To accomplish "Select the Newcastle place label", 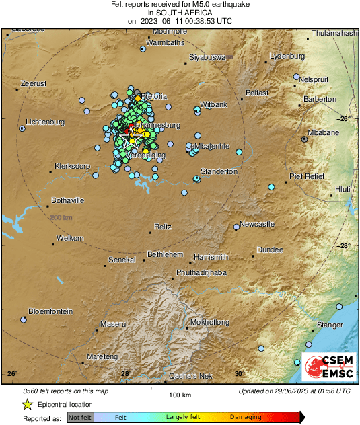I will (x=258, y=223).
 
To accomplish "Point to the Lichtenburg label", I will (x=44, y=122).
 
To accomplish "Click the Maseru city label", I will (x=113, y=324).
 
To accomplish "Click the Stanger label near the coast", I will (x=330, y=325).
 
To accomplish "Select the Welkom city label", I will (x=70, y=238).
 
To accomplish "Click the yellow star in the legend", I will (x=27, y=404).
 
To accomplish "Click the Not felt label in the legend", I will (x=80, y=417).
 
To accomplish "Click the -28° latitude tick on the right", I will (x=344, y=245).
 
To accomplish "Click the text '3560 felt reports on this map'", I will (x=65, y=390).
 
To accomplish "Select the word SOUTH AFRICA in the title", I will (x=180, y=13).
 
